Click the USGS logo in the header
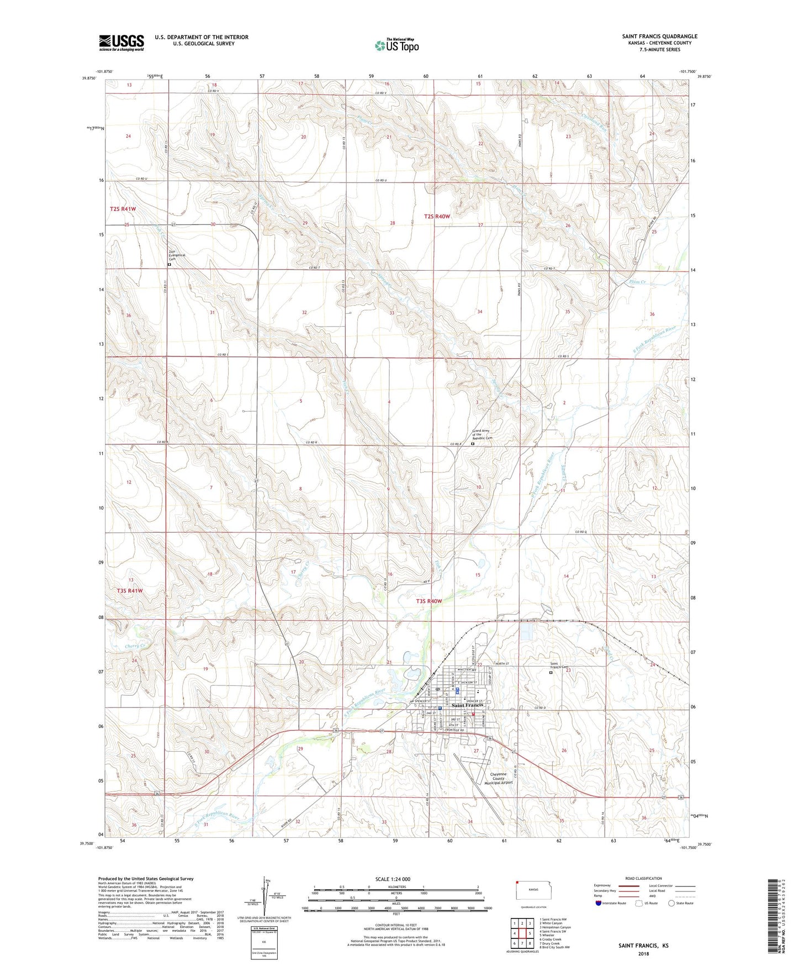click(x=121, y=43)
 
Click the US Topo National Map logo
click(x=397, y=45)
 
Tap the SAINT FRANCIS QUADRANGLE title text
click(x=659, y=36)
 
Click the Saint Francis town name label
click(x=467, y=705)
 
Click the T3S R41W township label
click(x=130, y=590)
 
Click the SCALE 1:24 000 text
click(x=393, y=879)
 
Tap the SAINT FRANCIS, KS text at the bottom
click(x=643, y=946)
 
